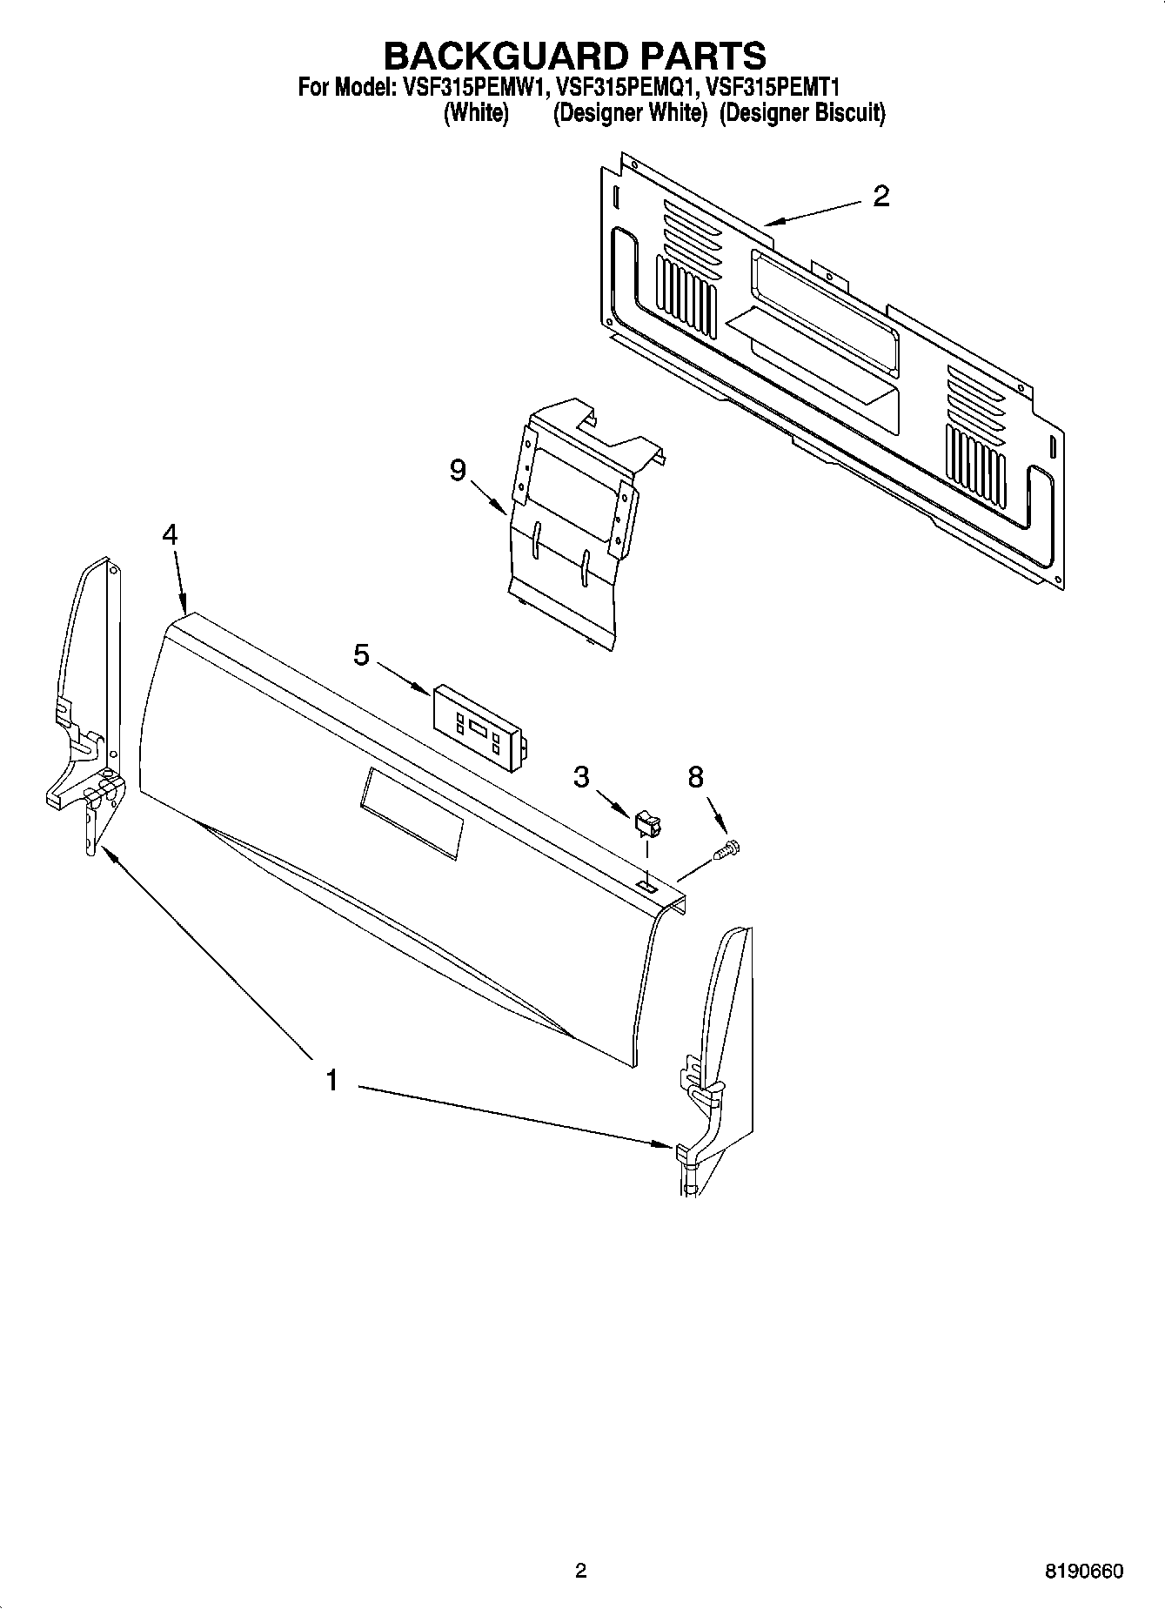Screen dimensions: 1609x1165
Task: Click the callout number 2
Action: coord(880,197)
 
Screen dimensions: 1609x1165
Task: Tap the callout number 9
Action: coord(458,471)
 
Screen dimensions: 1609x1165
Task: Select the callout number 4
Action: coord(171,534)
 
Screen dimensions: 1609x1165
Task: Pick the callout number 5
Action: coord(362,654)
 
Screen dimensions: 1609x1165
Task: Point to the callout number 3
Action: coord(581,776)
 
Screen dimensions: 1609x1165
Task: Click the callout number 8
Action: coord(695,777)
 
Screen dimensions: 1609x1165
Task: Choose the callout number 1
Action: coord(331,1081)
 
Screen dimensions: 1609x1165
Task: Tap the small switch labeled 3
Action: coord(647,823)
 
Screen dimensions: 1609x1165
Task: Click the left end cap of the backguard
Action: coord(87,705)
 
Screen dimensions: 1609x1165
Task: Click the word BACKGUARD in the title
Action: coord(505,56)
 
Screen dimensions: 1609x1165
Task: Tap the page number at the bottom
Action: coord(580,1572)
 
